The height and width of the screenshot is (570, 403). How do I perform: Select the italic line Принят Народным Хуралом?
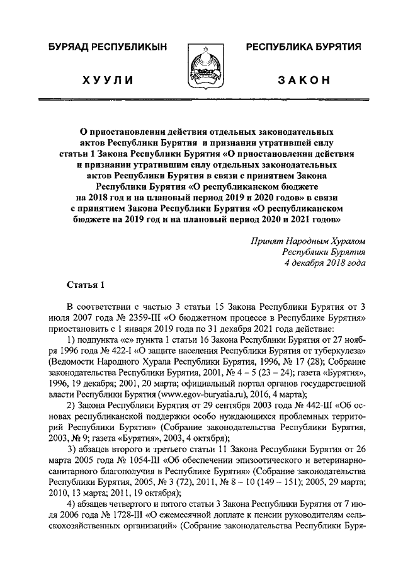(308, 241)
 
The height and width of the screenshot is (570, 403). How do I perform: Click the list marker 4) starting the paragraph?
(71, 503)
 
